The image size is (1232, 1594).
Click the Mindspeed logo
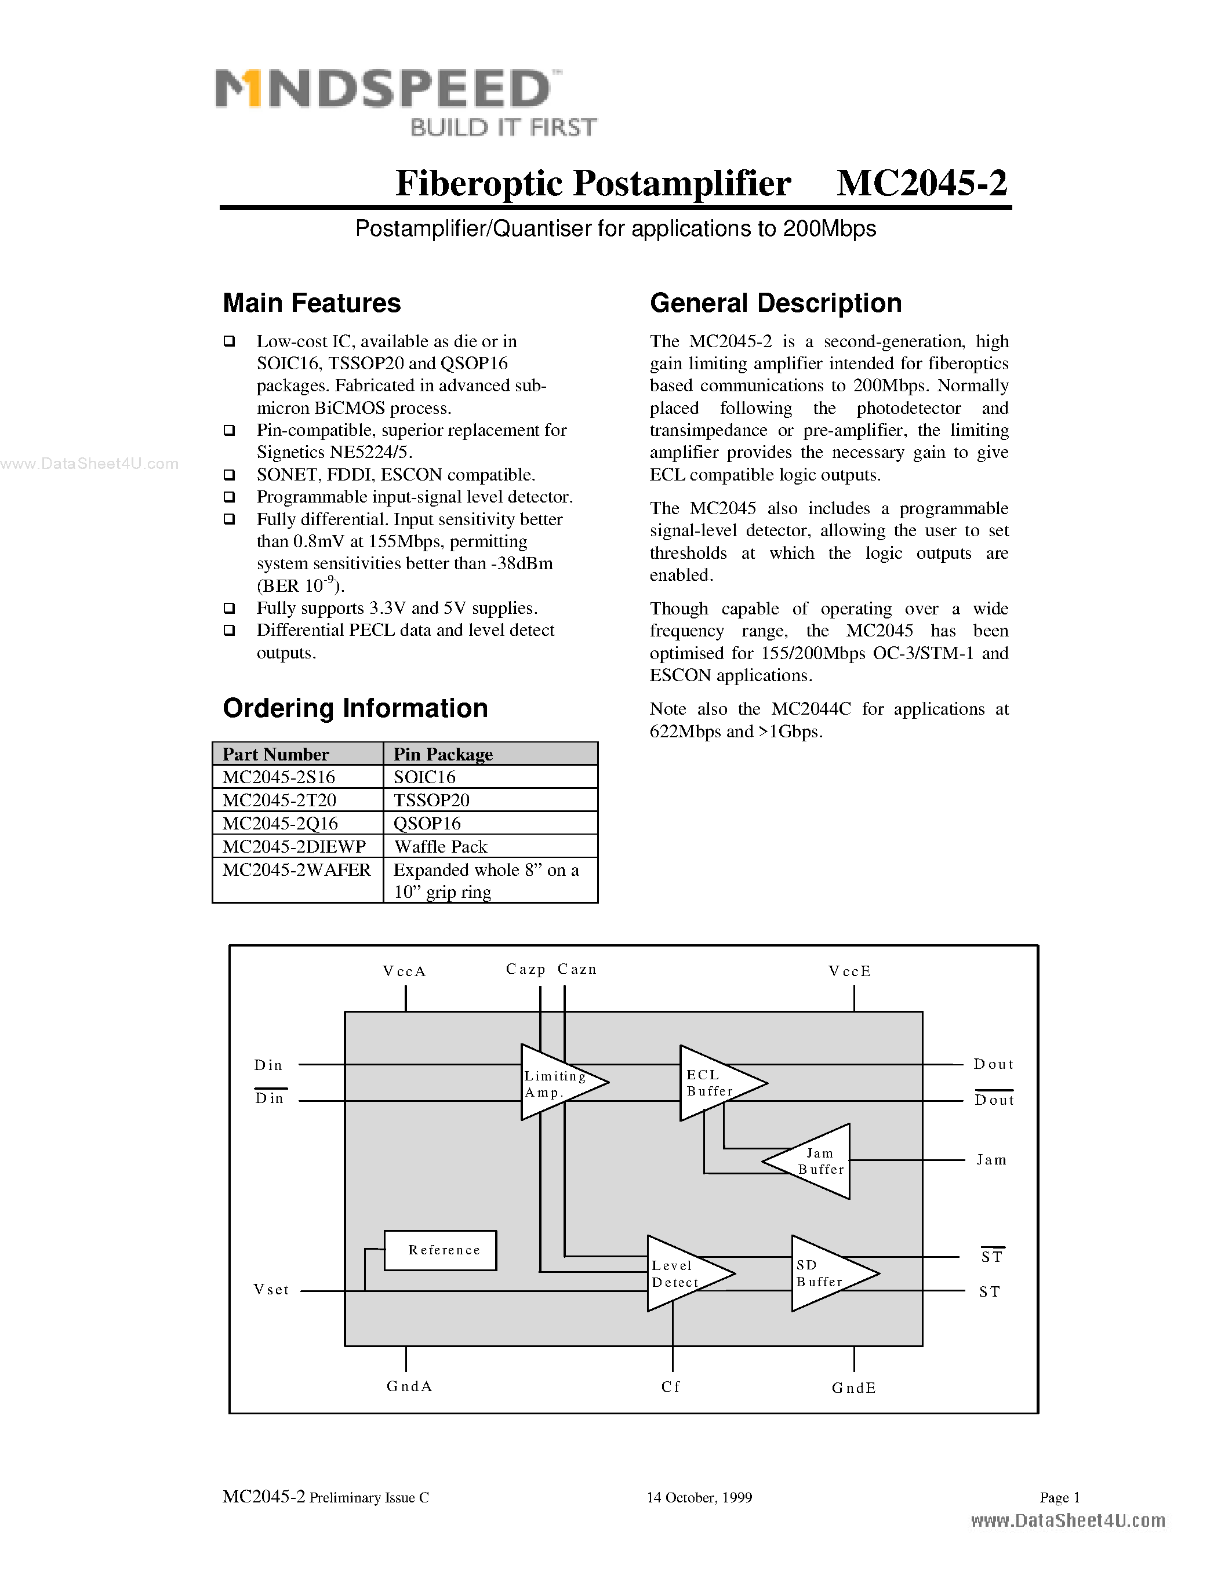pos(405,101)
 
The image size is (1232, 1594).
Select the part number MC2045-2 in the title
pos(922,183)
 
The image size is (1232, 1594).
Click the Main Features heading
pos(312,303)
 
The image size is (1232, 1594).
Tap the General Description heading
pos(775,303)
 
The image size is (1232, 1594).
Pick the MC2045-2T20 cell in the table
pos(279,800)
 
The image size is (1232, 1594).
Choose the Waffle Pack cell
pos(440,847)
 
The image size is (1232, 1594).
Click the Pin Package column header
pos(443,754)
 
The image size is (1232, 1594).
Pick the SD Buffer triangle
pos(827,1273)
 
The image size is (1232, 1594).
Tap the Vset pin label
pos(271,1290)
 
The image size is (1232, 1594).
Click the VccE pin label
pos(849,971)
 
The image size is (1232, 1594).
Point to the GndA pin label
pos(409,1386)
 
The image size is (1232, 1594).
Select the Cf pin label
pos(671,1386)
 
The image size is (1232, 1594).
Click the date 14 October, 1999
pos(699,1498)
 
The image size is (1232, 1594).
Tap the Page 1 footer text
pos(1059,1498)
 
